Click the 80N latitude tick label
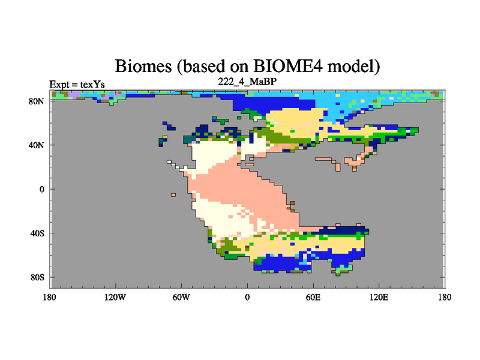[x=37, y=101]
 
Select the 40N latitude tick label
[x=37, y=145]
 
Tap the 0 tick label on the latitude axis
[x=41, y=189]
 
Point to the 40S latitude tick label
[x=37, y=233]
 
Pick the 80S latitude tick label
[x=37, y=277]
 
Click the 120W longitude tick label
[x=115, y=297]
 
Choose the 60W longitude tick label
[x=181, y=297]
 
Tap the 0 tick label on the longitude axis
[x=247, y=297]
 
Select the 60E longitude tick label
[x=313, y=297]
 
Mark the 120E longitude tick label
[x=379, y=297]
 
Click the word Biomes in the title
[x=143, y=66]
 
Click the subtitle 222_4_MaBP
[x=247, y=82]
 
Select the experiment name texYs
[x=92, y=84]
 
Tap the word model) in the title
[x=354, y=67]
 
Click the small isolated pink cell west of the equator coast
[x=173, y=194]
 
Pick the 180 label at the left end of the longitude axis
[x=50, y=297]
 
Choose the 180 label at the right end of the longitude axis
[x=445, y=297]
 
